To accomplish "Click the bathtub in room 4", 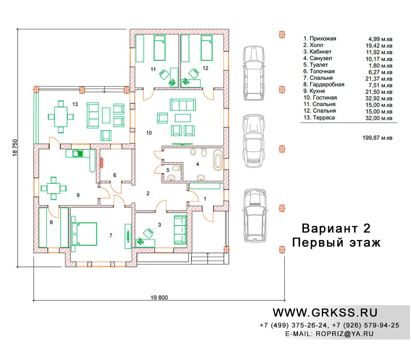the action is pos(217,160).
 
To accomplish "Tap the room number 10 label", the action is pos(149,133).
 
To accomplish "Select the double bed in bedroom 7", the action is pos(84,234).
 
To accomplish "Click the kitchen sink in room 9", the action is pos(77,154).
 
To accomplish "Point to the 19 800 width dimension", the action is pos(159,297).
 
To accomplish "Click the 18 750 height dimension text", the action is pos(15,148).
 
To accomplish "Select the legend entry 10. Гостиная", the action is pos(320,98).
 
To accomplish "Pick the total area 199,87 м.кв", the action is pos(377,138).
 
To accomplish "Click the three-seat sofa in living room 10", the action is pos(183,105).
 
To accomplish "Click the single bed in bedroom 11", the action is pos(160,48).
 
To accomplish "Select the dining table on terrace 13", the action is pos(61,117).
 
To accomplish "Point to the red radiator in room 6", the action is pos(102,163).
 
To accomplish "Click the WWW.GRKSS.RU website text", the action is pos(325,313).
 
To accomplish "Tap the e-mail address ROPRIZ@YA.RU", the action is pos(345,334).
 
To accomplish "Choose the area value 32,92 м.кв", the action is pos(379,98).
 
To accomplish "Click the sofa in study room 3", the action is pos(180,230).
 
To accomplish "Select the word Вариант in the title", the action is pos(329,228).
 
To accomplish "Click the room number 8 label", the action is pos(51,222).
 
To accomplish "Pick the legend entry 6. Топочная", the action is pos(319,71).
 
